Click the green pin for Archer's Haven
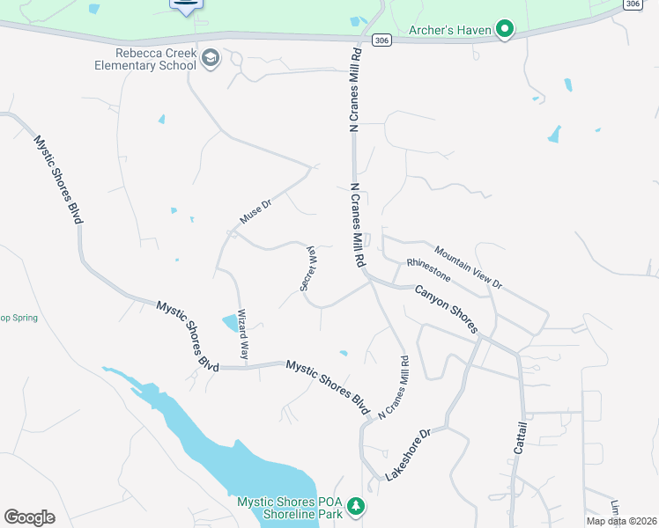tap(505, 30)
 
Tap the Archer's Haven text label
tap(449, 30)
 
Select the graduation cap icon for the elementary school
tap(211, 59)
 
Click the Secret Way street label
tap(308, 268)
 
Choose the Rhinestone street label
tap(428, 270)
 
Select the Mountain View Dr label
tap(468, 267)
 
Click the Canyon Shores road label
tap(446, 307)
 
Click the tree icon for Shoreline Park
tap(356, 506)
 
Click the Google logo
tap(29, 517)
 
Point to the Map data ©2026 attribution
tap(622, 521)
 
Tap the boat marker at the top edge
tap(185, 5)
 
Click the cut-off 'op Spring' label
tap(19, 318)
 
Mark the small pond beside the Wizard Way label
tap(231, 323)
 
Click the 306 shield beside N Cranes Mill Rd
tap(380, 40)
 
